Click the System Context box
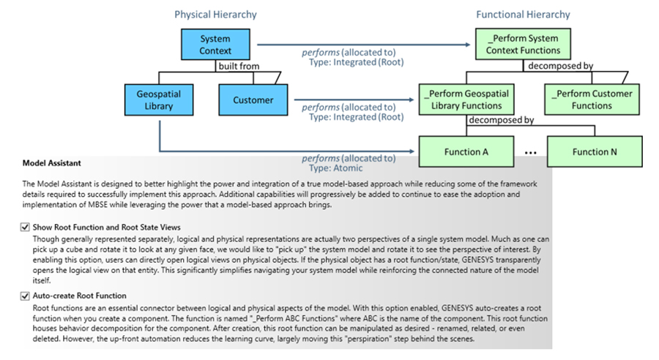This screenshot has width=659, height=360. [x=215, y=45]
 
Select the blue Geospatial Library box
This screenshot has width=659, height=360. [x=158, y=100]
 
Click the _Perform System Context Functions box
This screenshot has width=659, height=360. [x=523, y=45]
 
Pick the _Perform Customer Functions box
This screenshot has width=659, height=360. [x=593, y=100]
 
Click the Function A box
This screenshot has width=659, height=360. [x=466, y=152]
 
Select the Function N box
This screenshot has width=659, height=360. [x=593, y=152]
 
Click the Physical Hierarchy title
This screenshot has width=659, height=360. [x=215, y=15]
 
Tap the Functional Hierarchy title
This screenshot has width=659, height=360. [x=523, y=15]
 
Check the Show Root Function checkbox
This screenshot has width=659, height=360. [x=26, y=228]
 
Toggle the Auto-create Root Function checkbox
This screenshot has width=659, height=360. [x=26, y=296]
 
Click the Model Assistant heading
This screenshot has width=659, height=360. [x=52, y=163]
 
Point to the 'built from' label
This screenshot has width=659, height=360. [x=235, y=67]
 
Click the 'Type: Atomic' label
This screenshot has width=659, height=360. [x=333, y=168]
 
